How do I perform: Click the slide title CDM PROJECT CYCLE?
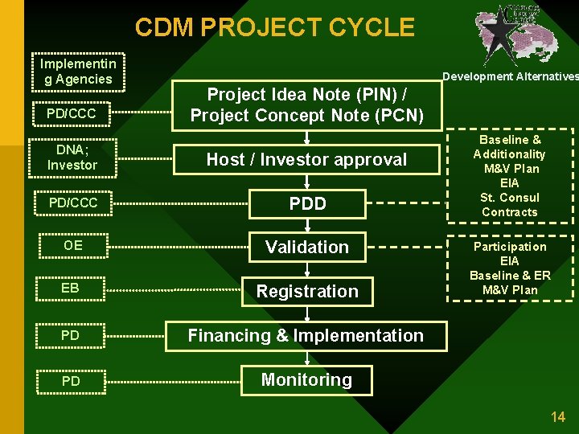point(274,27)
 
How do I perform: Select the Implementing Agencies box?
point(76,72)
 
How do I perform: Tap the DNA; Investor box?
point(72,158)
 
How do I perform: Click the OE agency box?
point(72,245)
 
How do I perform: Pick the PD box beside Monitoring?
point(71,381)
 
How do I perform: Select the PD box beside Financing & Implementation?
point(71,335)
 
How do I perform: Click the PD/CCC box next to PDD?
point(72,203)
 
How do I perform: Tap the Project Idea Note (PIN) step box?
point(306,104)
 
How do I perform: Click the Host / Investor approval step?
point(306,159)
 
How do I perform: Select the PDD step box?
point(307,203)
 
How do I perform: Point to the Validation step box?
point(307,248)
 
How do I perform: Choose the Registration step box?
point(307,291)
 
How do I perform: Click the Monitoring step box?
point(306,380)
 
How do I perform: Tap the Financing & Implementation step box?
point(306,336)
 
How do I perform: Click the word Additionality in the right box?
point(509,154)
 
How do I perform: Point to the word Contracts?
point(509,212)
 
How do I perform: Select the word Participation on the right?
point(509,247)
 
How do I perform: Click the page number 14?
point(557,416)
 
